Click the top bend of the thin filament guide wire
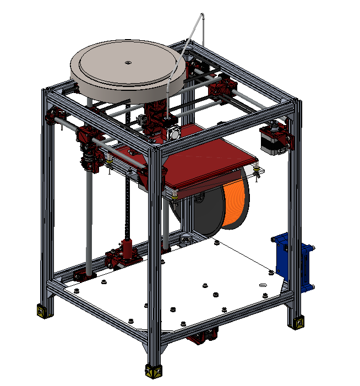(x=201, y=17)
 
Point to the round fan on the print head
(x=172, y=133)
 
